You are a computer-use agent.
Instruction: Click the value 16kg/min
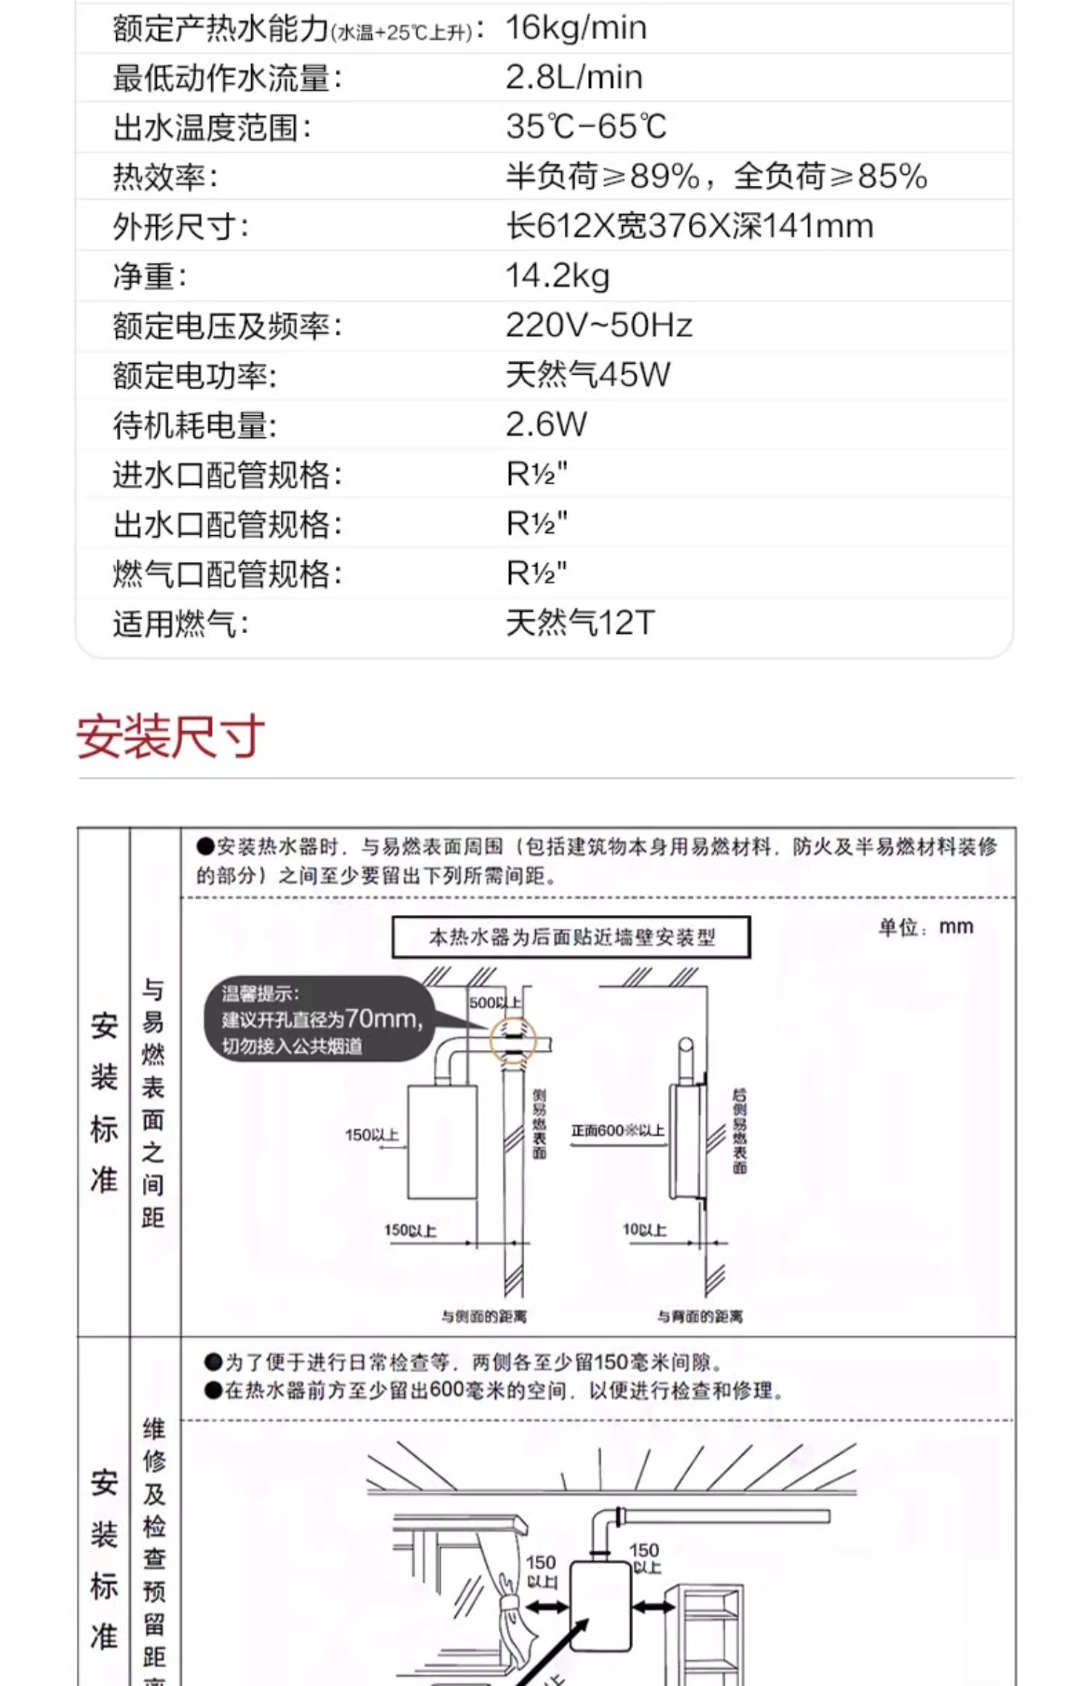click(x=576, y=28)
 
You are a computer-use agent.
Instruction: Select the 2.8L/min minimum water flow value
click(x=574, y=77)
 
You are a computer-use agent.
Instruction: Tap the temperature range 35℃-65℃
click(x=586, y=127)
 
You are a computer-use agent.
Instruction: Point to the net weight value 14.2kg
click(x=557, y=276)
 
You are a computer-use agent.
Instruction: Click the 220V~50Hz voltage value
click(x=599, y=325)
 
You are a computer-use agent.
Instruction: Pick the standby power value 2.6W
click(x=546, y=425)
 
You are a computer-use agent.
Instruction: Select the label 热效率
click(x=165, y=177)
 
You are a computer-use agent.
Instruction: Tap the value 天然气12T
click(x=580, y=623)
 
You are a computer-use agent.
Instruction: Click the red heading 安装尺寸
click(x=171, y=737)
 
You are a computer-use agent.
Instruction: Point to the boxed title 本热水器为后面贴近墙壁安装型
click(x=571, y=937)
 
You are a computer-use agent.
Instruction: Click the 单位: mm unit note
click(x=925, y=927)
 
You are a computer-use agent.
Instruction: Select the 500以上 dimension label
click(x=494, y=1003)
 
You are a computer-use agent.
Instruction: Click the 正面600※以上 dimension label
click(x=617, y=1131)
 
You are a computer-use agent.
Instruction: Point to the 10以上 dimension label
click(x=644, y=1229)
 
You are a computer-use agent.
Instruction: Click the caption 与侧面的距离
click(x=484, y=1316)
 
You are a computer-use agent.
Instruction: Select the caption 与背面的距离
click(x=700, y=1316)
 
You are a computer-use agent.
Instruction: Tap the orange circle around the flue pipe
click(x=513, y=1041)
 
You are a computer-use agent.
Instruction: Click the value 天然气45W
click(x=587, y=375)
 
